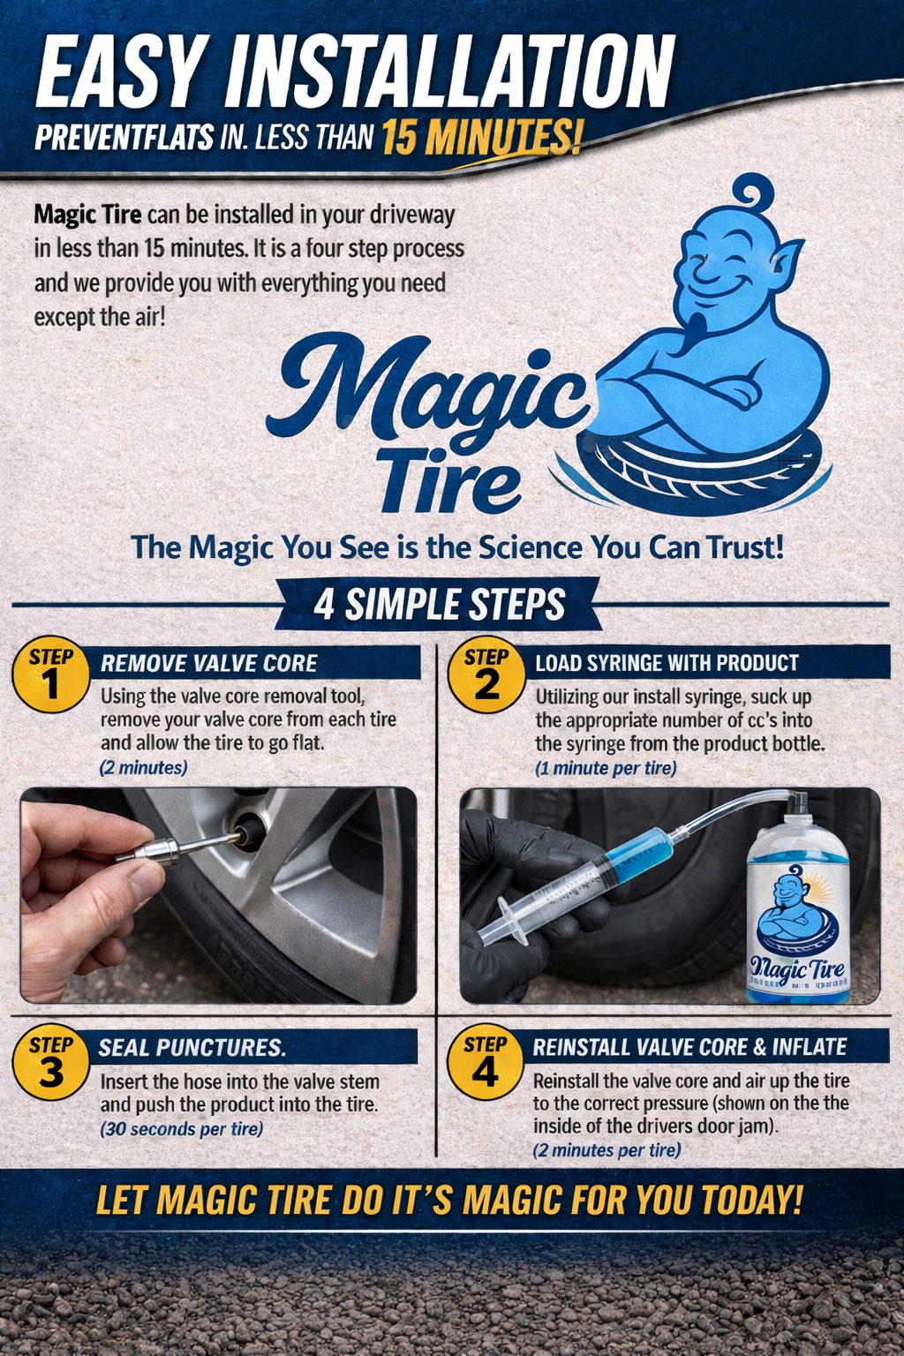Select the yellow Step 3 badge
(51, 1063)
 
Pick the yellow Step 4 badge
(485, 1063)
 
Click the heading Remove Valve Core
(209, 663)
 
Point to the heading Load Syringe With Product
(667, 663)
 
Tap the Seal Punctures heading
(192, 1048)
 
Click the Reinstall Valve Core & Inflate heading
(689, 1047)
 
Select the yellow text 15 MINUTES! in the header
(482, 138)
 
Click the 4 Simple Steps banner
(439, 605)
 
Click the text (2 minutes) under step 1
(143, 768)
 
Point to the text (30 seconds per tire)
(182, 1129)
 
